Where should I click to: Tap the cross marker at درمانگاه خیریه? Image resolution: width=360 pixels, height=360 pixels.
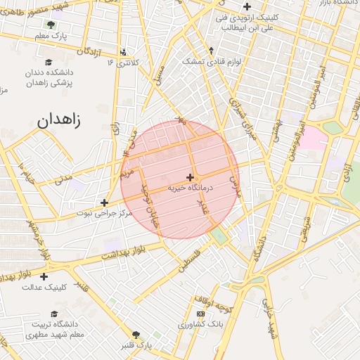pos(190,177)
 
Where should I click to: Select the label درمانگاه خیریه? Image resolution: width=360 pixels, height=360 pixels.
pos(190,188)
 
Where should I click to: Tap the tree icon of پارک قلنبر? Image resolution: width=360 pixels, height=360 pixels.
pos(136,335)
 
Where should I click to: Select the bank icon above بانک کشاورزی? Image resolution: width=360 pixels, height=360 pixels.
pos(201,314)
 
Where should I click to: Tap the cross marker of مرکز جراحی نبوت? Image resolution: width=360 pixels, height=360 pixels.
pos(104,202)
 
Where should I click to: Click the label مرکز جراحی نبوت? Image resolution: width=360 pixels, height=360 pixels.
pos(105,212)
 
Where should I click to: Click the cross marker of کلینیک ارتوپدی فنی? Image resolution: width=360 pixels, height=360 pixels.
pos(247,6)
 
